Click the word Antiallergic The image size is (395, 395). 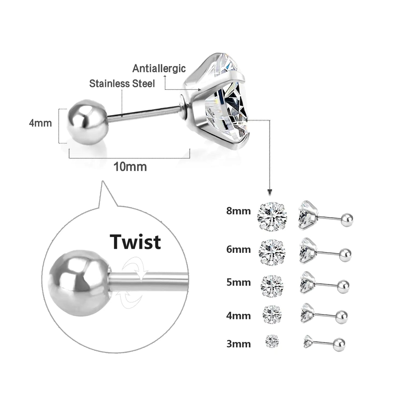point(159,68)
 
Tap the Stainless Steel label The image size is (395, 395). point(122,83)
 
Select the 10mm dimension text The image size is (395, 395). point(130,167)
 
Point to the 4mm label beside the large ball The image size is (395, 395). point(40,123)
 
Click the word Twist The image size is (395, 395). point(135,242)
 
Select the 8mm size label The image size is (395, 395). point(238,211)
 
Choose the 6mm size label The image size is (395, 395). point(238,249)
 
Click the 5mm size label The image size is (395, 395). point(238,282)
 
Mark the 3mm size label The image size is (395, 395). point(238,344)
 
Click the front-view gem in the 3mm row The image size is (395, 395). point(272,341)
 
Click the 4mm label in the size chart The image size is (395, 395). point(238,316)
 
